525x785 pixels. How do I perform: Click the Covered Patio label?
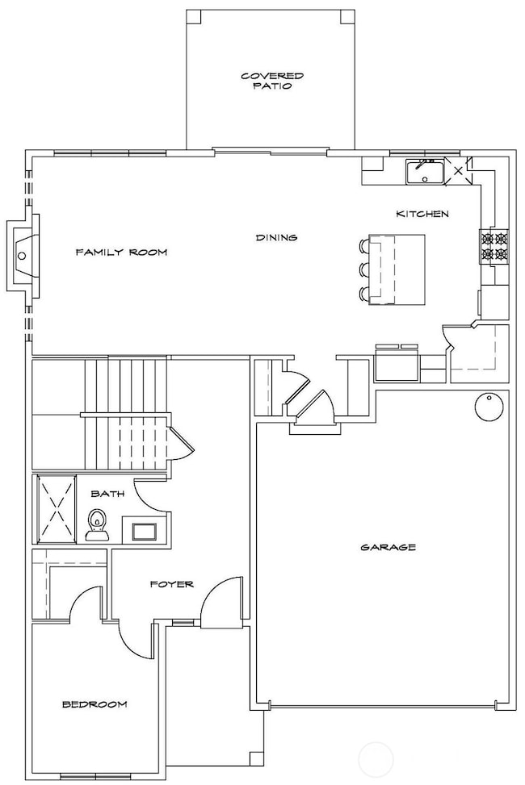(267, 81)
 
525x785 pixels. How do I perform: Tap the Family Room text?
(121, 253)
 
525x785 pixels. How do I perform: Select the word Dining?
(276, 238)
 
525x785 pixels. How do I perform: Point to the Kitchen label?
(422, 214)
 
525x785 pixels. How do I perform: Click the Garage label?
(388, 548)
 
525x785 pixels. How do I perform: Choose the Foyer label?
(171, 583)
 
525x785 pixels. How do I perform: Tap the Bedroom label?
(94, 704)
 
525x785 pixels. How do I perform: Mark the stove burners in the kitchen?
(494, 247)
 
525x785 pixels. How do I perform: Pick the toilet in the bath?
(97, 524)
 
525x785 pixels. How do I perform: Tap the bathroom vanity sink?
(145, 530)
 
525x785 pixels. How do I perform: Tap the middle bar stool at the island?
(363, 269)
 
